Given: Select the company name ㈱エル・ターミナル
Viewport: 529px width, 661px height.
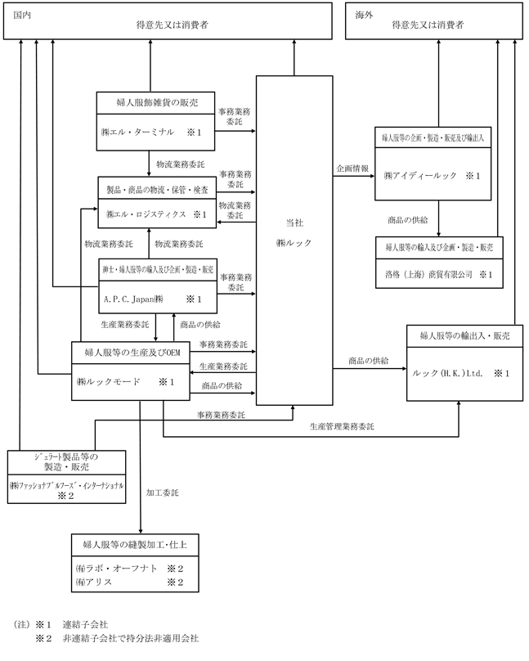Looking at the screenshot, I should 139,132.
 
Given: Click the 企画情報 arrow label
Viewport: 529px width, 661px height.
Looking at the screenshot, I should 352,169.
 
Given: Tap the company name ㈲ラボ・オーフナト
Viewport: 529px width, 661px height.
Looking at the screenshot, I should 112,567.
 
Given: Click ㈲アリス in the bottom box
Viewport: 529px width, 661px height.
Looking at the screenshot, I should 93,582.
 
